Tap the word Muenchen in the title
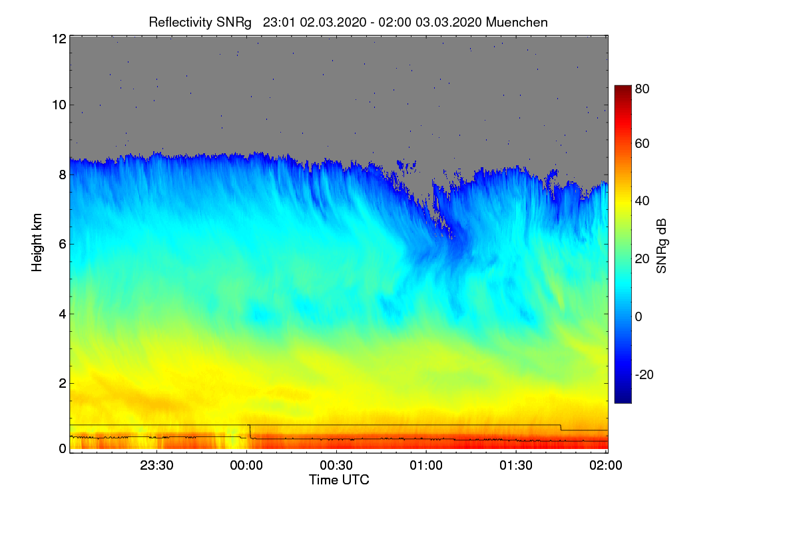[x=517, y=22]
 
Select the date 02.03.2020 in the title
[x=333, y=22]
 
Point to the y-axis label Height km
[x=37, y=243]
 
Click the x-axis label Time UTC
[x=339, y=480]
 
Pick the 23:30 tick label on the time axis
[x=156, y=465]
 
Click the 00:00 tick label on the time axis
[x=246, y=465]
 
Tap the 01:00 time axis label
[x=426, y=465]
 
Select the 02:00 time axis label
[x=606, y=465]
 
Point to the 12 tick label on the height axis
[x=59, y=39]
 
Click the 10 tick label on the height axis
[x=59, y=105]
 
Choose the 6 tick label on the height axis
[x=63, y=245]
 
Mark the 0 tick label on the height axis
[x=63, y=449]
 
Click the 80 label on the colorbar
[x=642, y=89]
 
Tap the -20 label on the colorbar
[x=645, y=374]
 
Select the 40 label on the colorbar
[x=642, y=201]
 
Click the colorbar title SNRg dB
[x=662, y=247]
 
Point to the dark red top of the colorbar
[x=623, y=89]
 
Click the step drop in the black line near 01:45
[x=561, y=427]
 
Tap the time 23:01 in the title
[x=279, y=22]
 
